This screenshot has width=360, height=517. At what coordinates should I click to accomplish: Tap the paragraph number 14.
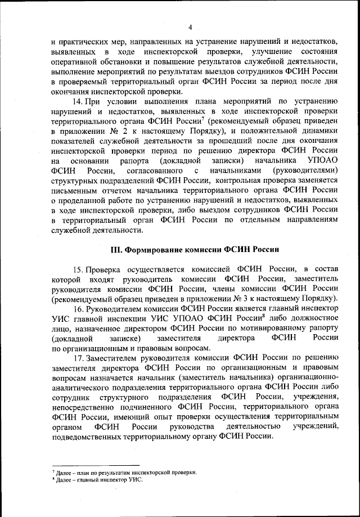pos(79,101)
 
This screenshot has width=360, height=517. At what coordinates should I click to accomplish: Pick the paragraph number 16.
pos(79,309)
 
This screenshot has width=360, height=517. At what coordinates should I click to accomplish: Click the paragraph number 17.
pos(79,358)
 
